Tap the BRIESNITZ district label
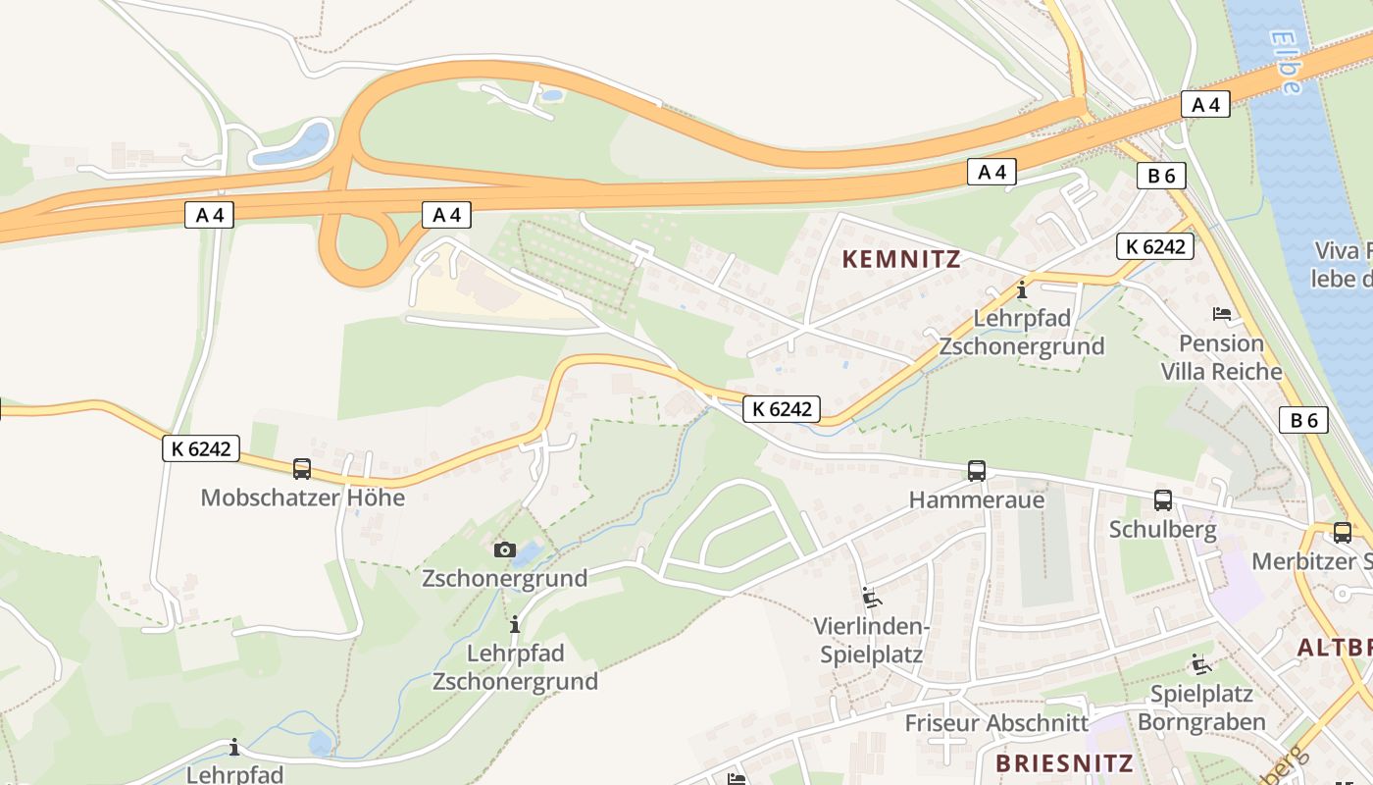coord(1064,762)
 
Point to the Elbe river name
coord(1286,61)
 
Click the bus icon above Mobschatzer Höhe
coord(302,469)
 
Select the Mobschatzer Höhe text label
coord(302,497)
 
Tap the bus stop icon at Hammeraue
coord(977,470)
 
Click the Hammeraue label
coord(977,499)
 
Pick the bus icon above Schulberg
coord(1163,500)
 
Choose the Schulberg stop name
coord(1163,530)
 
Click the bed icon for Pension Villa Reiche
coord(1222,314)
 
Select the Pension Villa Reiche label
coord(1222,357)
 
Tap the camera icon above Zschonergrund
coord(505,549)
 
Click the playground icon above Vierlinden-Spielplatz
coord(871,597)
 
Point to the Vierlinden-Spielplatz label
coord(871,640)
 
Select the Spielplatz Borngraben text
coord(1201,707)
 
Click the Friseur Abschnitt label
coord(996,723)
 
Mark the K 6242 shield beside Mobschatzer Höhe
coord(201,448)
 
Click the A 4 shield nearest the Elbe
coord(1205,104)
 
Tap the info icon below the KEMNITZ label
coord(1022,290)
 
